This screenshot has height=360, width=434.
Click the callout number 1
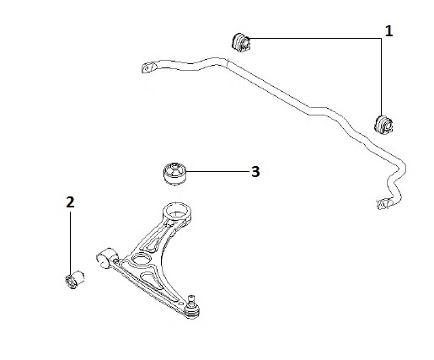[388, 31]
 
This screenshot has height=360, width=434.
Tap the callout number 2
[70, 202]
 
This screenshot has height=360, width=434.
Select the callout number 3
[255, 171]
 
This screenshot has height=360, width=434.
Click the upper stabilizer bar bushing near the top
[241, 43]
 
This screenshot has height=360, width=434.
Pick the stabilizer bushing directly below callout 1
[383, 124]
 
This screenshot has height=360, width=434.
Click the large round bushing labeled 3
[174, 174]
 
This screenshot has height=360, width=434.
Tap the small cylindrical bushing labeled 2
[75, 279]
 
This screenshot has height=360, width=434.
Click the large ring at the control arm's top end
[177, 212]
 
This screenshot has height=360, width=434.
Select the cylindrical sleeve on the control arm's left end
[107, 257]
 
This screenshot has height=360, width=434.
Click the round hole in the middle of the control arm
[141, 258]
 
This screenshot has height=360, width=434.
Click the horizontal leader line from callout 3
[217, 171]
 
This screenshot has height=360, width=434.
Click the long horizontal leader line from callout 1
[315, 38]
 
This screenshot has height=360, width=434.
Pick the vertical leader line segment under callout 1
[382, 78]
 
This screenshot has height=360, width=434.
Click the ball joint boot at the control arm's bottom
[192, 311]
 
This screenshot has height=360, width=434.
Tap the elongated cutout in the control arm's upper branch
[157, 235]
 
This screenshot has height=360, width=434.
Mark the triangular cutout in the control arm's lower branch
[151, 280]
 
